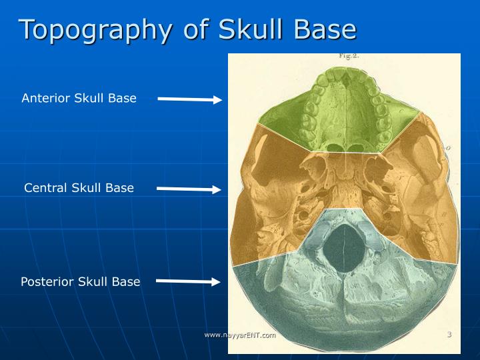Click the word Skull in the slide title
pyautogui.click(x=255, y=30)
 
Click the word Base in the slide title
pyautogui.click(x=329, y=30)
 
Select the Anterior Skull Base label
pyautogui.click(x=79, y=98)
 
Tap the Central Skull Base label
pyautogui.click(x=79, y=188)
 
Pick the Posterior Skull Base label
pyautogui.click(x=80, y=281)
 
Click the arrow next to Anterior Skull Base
pyautogui.click(x=189, y=100)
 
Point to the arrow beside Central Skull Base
pyautogui.click(x=189, y=189)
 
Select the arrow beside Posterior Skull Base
pyautogui.click(x=188, y=282)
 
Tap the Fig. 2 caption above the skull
pyautogui.click(x=349, y=57)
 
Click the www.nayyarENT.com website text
pyautogui.click(x=240, y=335)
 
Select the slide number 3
pyautogui.click(x=449, y=334)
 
